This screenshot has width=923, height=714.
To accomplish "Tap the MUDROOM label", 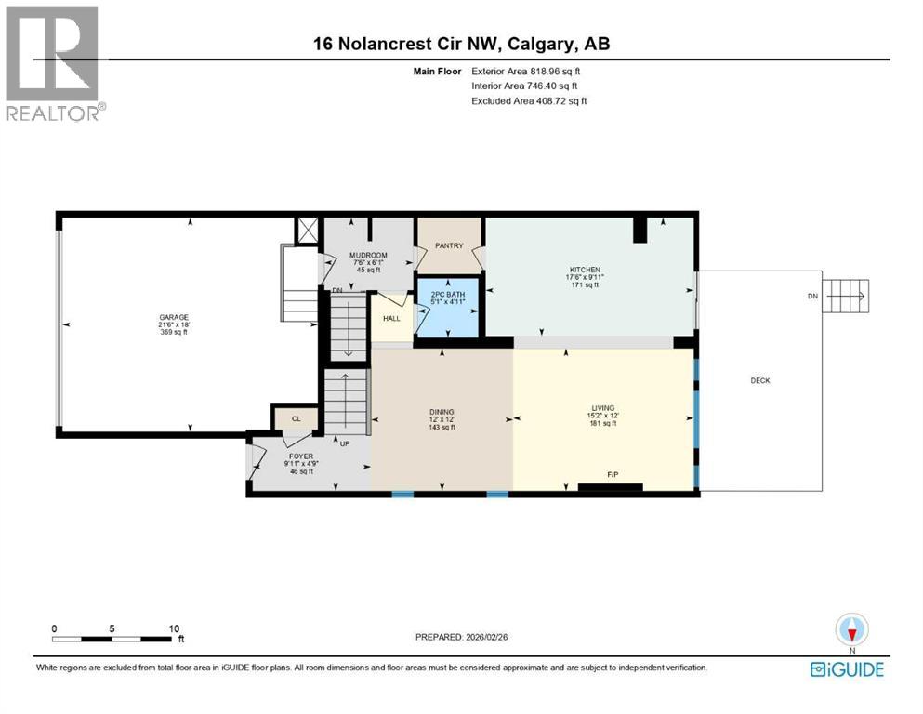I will pos(368,255).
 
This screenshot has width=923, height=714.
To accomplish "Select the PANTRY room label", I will pos(450,246).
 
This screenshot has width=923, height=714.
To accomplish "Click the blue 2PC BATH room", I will pos(448,307).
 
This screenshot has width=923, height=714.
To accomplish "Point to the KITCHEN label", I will pos(585,270).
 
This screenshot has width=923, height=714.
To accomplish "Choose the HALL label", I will pos(392,318).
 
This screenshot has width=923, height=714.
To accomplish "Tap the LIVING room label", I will pos(603,407).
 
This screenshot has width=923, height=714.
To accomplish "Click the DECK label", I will pos(760,380).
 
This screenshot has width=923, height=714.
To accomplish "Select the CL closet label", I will pos(297,419).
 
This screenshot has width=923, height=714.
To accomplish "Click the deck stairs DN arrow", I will pos(846,297).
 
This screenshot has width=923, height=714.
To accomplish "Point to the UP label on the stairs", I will pos(344,443).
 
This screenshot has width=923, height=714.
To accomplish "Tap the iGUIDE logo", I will pos(846,669).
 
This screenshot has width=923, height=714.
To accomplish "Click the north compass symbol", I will pos(850,631).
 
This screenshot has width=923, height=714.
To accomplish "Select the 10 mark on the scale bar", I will pos(174,628).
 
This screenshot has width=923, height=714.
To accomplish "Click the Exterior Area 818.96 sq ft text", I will pos(529,71).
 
